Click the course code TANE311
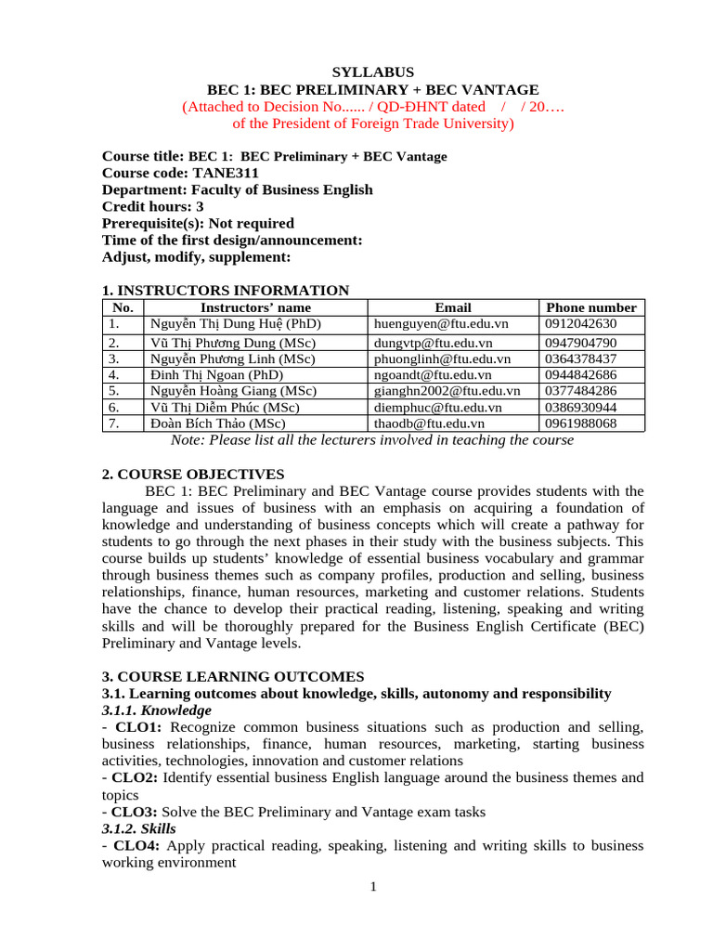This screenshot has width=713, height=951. point(226,173)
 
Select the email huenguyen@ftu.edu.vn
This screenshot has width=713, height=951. point(441,324)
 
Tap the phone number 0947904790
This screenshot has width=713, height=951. point(580,343)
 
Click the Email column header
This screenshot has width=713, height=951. point(453,307)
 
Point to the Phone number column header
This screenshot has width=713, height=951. point(591,307)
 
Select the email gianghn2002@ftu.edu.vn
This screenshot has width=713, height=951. point(447,391)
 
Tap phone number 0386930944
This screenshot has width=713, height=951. point(580,407)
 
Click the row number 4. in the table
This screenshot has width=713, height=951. point(114,375)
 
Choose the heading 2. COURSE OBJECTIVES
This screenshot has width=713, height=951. point(193,475)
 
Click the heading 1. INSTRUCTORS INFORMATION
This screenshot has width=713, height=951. point(226,291)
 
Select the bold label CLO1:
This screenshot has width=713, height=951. point(138,727)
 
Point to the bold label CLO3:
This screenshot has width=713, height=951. point(138,812)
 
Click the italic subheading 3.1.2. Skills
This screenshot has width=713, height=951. point(138,828)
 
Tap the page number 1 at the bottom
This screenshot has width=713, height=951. point(373,887)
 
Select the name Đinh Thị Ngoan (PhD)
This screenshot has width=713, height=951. point(216,375)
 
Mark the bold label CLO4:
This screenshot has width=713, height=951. point(138,845)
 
